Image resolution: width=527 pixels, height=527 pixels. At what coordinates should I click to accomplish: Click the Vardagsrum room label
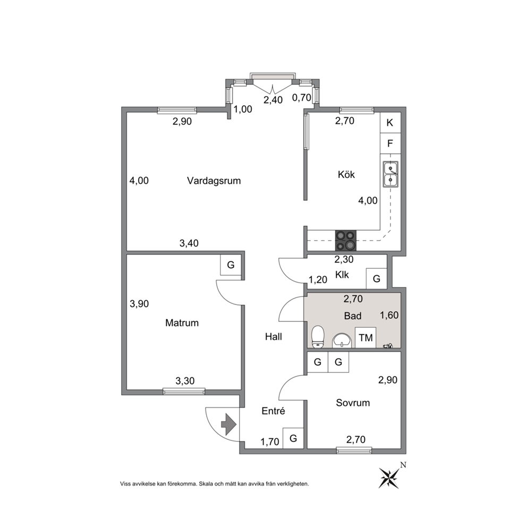(x=214, y=181)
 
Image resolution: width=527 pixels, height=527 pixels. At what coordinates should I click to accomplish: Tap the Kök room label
(x=346, y=174)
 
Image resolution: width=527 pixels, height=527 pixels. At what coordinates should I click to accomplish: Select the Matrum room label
(x=182, y=323)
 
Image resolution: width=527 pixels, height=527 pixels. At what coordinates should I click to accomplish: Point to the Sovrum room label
(x=353, y=403)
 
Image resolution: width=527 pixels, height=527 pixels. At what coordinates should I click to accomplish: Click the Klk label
(x=342, y=275)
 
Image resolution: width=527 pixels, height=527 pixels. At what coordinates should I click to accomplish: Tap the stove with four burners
(x=345, y=241)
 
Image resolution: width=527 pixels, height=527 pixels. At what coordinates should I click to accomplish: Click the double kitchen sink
(x=390, y=174)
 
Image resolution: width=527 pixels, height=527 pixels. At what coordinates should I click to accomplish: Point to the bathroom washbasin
(x=342, y=341)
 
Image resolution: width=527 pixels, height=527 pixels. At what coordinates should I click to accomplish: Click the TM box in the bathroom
(x=365, y=337)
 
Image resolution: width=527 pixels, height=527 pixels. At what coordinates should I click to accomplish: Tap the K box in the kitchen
(x=390, y=123)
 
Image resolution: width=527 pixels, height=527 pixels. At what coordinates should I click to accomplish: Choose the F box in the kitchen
(x=390, y=143)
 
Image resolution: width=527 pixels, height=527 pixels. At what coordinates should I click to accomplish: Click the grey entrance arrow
(x=229, y=424)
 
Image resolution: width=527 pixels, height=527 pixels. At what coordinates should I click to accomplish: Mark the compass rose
(x=390, y=477)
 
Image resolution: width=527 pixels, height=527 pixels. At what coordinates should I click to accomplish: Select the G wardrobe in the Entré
(x=293, y=438)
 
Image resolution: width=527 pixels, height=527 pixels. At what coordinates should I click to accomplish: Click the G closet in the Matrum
(x=231, y=265)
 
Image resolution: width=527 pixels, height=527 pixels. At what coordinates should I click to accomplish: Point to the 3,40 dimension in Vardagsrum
(x=189, y=243)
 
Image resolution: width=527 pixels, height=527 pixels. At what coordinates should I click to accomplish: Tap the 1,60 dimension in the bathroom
(x=389, y=315)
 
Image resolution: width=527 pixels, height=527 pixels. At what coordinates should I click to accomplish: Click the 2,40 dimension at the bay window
(x=273, y=100)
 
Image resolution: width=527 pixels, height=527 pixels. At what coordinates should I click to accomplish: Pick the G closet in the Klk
(x=377, y=278)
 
